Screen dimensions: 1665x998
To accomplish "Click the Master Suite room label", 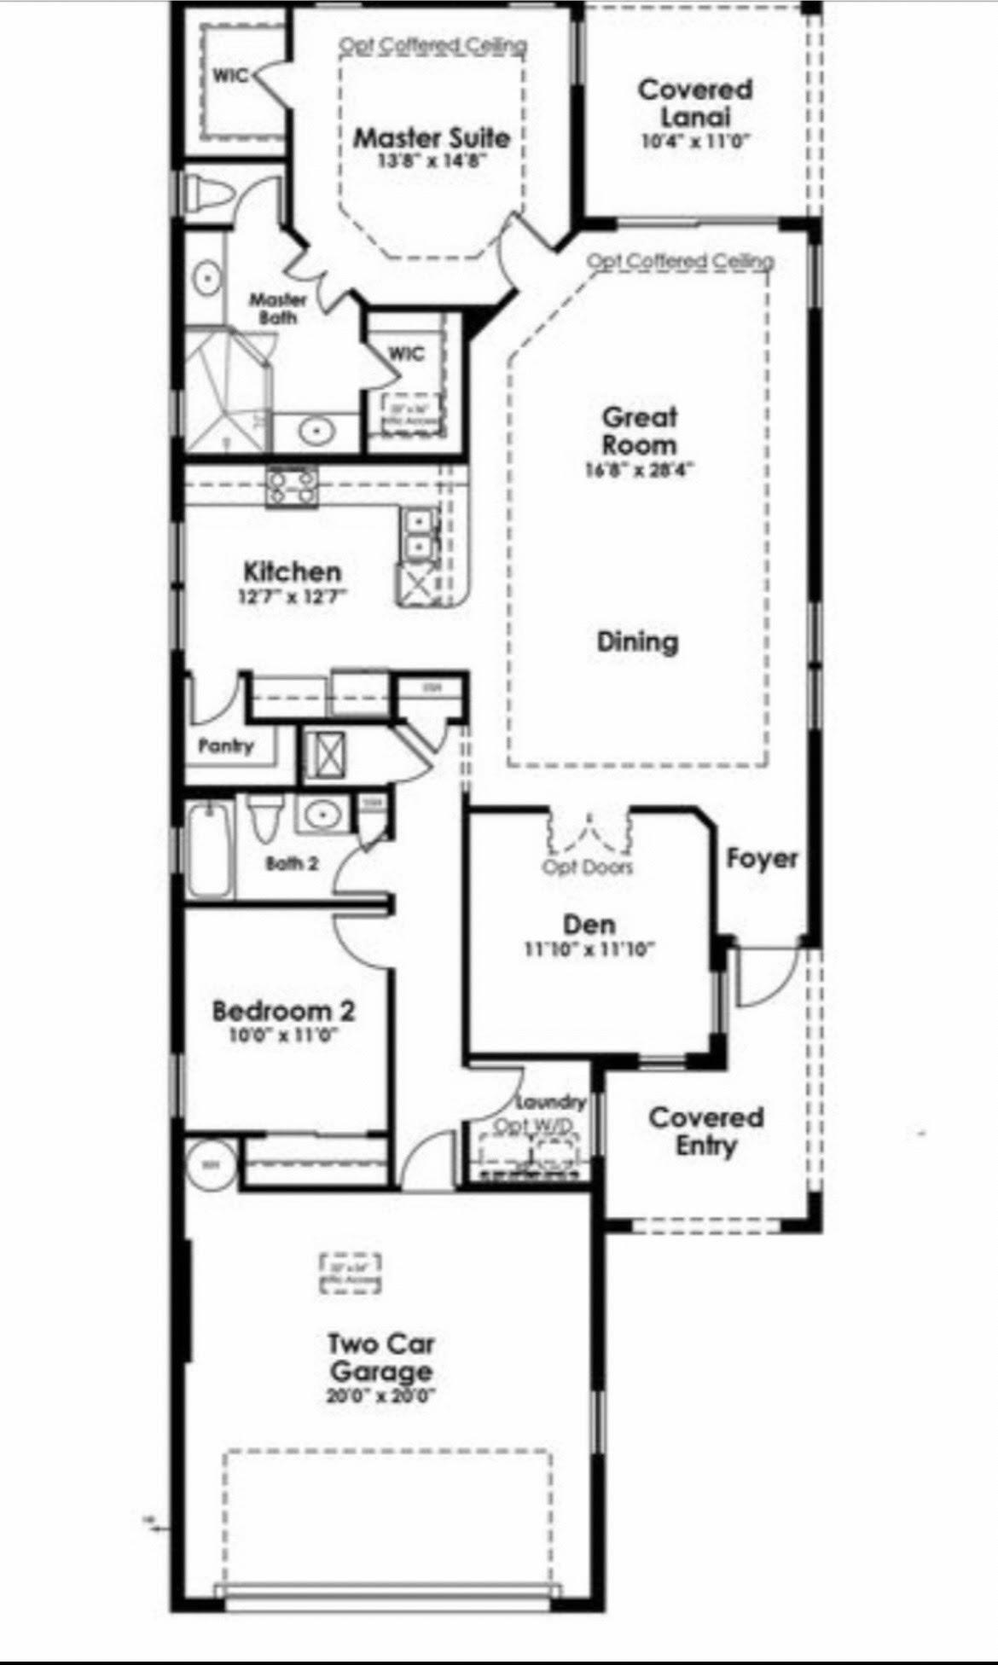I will (432, 137).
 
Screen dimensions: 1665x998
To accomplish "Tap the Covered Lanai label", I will (695, 102).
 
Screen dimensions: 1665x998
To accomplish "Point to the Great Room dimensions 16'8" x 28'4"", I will (640, 469).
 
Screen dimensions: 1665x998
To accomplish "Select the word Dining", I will (637, 641).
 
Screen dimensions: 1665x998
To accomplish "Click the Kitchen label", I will (293, 571).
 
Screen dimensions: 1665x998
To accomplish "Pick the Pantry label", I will (226, 746).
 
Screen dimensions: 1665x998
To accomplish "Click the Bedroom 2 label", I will (283, 1012).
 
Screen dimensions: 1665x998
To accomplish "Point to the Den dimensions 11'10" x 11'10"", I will (589, 949).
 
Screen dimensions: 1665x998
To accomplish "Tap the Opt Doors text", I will (589, 867).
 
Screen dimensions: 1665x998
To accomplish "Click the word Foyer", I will (762, 858).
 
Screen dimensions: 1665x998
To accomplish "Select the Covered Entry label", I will (705, 1131).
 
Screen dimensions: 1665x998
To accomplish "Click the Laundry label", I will (552, 1102).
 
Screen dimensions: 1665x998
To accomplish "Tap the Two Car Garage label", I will (381, 1358).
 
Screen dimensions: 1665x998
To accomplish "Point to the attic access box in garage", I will (351, 1273).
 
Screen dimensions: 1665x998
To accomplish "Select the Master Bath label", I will (277, 308).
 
